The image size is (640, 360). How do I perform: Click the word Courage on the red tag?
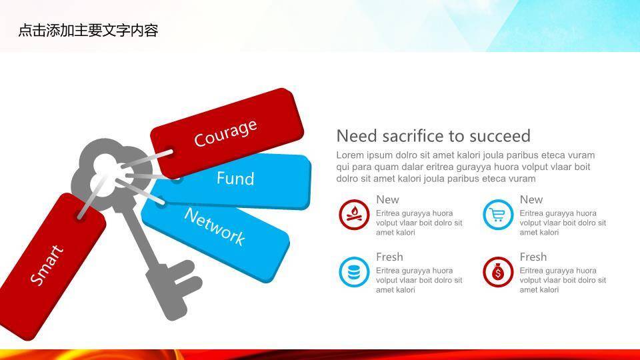coord(226,133)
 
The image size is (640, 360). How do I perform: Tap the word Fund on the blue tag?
coord(235,179)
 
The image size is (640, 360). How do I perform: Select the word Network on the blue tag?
coord(215,227)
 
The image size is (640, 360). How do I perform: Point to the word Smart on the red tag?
coord(47,265)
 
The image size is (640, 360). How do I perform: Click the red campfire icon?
coord(354,215)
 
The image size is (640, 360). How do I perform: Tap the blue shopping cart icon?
coord(498,215)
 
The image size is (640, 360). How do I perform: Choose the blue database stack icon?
coord(354,272)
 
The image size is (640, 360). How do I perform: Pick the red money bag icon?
coord(498,272)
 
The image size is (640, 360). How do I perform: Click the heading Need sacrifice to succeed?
coord(433,136)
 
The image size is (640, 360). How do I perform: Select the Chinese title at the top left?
coord(88,31)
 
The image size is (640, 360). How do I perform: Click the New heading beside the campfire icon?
coord(387,199)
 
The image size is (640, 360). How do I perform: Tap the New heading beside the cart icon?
coord(531,199)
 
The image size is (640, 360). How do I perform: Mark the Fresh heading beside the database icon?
coord(389,257)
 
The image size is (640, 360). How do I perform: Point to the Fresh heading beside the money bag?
coord(533,257)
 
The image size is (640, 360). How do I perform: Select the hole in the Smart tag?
coord(81,216)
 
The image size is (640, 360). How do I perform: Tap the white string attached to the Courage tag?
coord(146,159)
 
